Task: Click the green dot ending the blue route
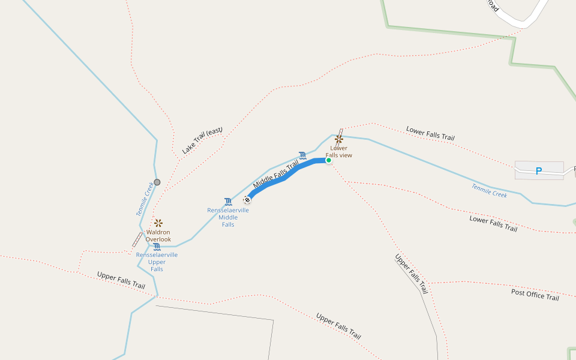pyautogui.click(x=329, y=160)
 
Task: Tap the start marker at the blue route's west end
pyautogui.click(x=247, y=199)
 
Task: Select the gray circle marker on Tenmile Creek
pyautogui.click(x=157, y=182)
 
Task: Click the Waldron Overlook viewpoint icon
pyautogui.click(x=158, y=223)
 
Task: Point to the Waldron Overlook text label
pyautogui.click(x=158, y=236)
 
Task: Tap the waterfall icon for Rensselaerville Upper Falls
pyautogui.click(x=157, y=247)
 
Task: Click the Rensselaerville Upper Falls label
pyautogui.click(x=157, y=262)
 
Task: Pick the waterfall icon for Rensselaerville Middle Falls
pyautogui.click(x=228, y=202)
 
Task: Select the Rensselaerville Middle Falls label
pyautogui.click(x=228, y=217)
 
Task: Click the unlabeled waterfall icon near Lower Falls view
pyautogui.click(x=302, y=155)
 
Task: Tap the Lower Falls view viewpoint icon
pyautogui.click(x=338, y=139)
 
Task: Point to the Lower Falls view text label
pyautogui.click(x=338, y=152)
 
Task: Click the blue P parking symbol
pyautogui.click(x=539, y=171)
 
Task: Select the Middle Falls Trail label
pyautogui.click(x=276, y=175)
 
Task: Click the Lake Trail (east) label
pyautogui.click(x=202, y=140)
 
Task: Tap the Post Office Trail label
pyautogui.click(x=535, y=295)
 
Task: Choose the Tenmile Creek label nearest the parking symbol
pyautogui.click(x=489, y=191)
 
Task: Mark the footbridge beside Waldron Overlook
pyautogui.click(x=137, y=240)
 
